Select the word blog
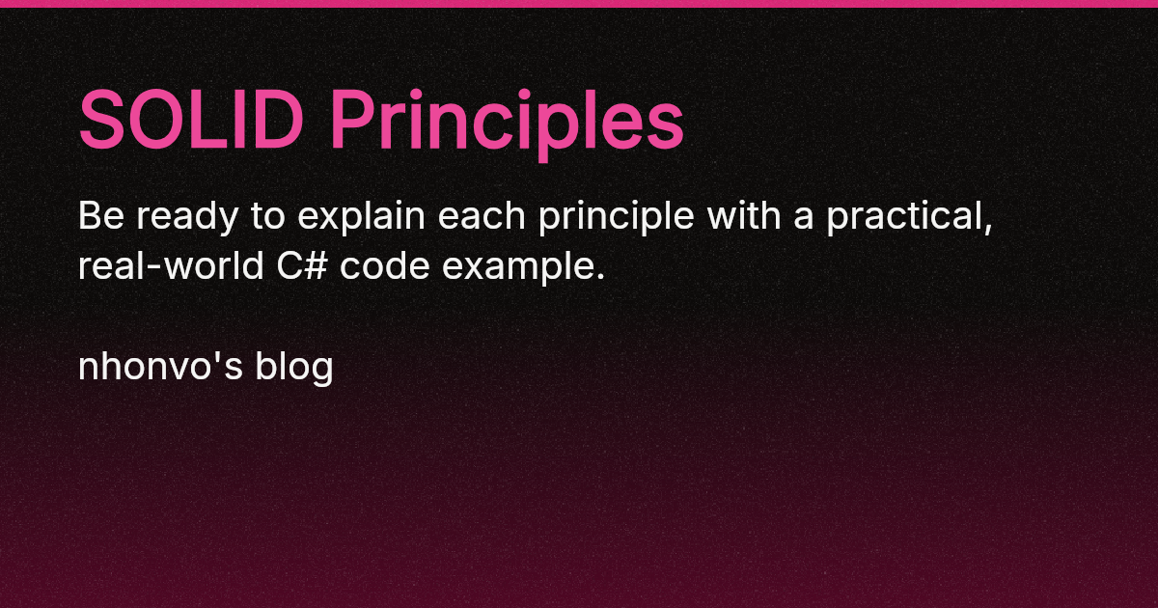[x=293, y=368]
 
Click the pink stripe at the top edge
[x=579, y=3]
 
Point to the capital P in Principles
[x=352, y=121]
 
